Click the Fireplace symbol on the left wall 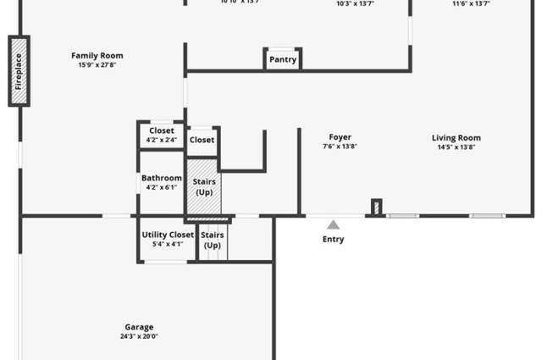[19, 71]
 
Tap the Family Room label [97, 56]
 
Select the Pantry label [283, 60]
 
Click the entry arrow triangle [334, 224]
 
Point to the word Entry [334, 240]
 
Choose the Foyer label [340, 137]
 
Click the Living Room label [456, 138]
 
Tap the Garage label [140, 327]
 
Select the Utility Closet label [168, 235]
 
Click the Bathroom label [161, 178]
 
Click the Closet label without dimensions [202, 140]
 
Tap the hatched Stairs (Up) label [203, 186]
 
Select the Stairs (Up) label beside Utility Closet [213, 239]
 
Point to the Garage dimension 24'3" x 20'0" [140, 336]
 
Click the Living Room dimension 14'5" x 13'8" [456, 147]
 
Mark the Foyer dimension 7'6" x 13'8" [340, 147]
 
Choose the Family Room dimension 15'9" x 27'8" [97, 65]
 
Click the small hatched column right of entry [377, 207]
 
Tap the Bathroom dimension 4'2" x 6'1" [161, 187]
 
